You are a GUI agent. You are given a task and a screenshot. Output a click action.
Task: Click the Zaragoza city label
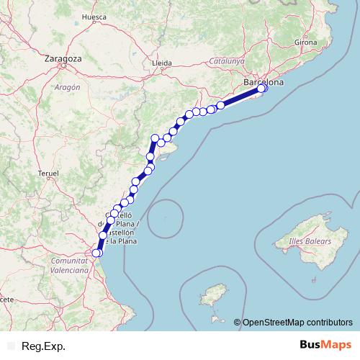pyautogui.click(x=63, y=58)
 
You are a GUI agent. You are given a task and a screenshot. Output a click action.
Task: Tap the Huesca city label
pyautogui.click(x=94, y=16)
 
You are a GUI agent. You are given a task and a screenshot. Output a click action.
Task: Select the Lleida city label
pyautogui.click(x=162, y=63)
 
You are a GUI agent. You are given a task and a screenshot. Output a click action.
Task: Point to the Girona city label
pyautogui.click(x=305, y=42)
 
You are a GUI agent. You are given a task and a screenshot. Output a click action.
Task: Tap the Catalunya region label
pyautogui.click(x=228, y=61)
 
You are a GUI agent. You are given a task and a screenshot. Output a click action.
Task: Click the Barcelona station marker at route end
pyautogui.click(x=262, y=88)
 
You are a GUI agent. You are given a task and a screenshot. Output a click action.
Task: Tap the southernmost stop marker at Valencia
pyautogui.click(x=97, y=253)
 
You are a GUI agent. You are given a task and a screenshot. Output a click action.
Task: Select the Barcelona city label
pyautogui.click(x=264, y=82)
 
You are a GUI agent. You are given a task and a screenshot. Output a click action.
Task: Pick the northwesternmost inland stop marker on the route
pyautogui.click(x=154, y=138)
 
